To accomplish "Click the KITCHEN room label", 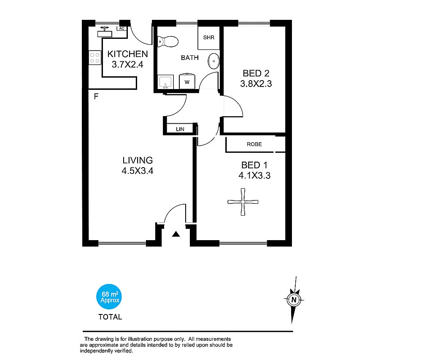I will click(x=127, y=54).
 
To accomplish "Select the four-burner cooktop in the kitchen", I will click(x=94, y=58).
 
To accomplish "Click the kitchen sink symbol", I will click(x=104, y=30).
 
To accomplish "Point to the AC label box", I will click(x=121, y=29).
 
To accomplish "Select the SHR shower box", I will click(x=209, y=38).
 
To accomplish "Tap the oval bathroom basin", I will click(x=214, y=62).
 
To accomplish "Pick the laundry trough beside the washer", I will click(x=165, y=82).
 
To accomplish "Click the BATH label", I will click(x=190, y=57).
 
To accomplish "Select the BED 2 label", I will click(x=256, y=74).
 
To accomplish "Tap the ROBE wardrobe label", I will click(x=254, y=144).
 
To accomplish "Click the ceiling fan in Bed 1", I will click(x=243, y=202).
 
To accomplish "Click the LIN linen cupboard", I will click(x=180, y=129).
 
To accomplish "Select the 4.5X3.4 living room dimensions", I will click(x=138, y=171).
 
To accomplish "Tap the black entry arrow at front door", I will click(x=176, y=234).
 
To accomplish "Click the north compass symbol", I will click(x=294, y=300).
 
